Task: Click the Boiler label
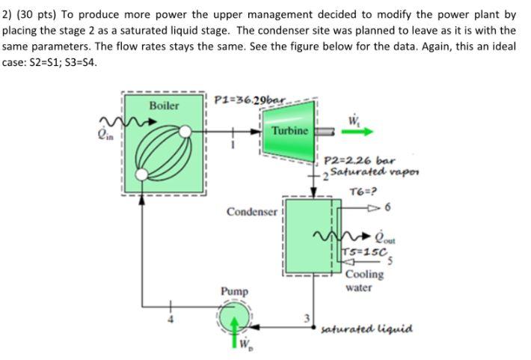(164, 106)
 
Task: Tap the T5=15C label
(363, 251)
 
